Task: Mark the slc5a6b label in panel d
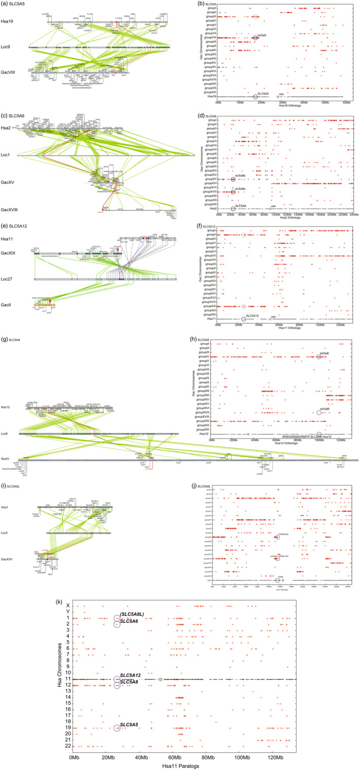[x=241, y=176]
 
